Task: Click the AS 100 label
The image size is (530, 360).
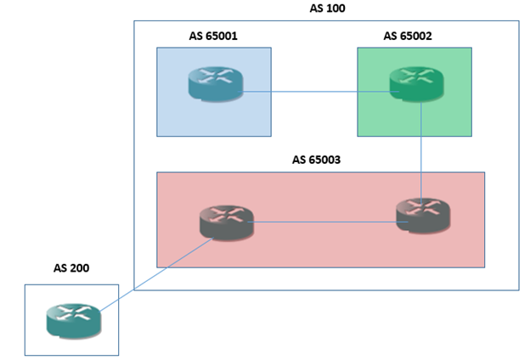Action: tap(327, 8)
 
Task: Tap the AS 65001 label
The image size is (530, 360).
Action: tap(213, 37)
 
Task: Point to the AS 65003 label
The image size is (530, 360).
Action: tap(320, 160)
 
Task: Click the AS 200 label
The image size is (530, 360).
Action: tap(71, 268)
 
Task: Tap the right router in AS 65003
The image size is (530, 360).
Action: tap(422, 215)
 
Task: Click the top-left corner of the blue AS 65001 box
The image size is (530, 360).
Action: tap(157, 48)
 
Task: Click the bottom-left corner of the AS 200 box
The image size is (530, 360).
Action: tap(25, 355)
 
